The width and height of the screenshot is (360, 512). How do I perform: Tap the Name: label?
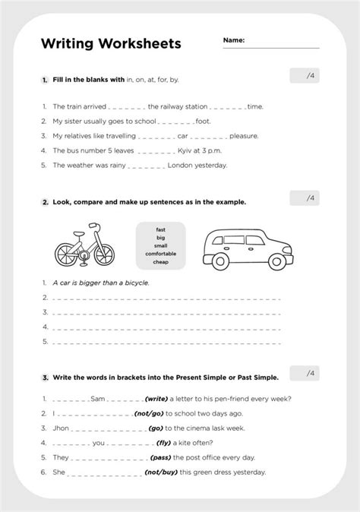[234, 40]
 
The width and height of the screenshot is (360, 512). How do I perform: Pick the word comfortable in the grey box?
[161, 253]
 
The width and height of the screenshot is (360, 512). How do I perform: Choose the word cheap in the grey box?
[161, 262]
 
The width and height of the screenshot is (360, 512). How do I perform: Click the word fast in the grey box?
[161, 228]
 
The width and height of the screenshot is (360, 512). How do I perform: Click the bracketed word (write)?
[156, 399]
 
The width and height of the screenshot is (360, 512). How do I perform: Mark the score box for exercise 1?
[304, 75]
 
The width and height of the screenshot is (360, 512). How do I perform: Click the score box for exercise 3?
[304, 374]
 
